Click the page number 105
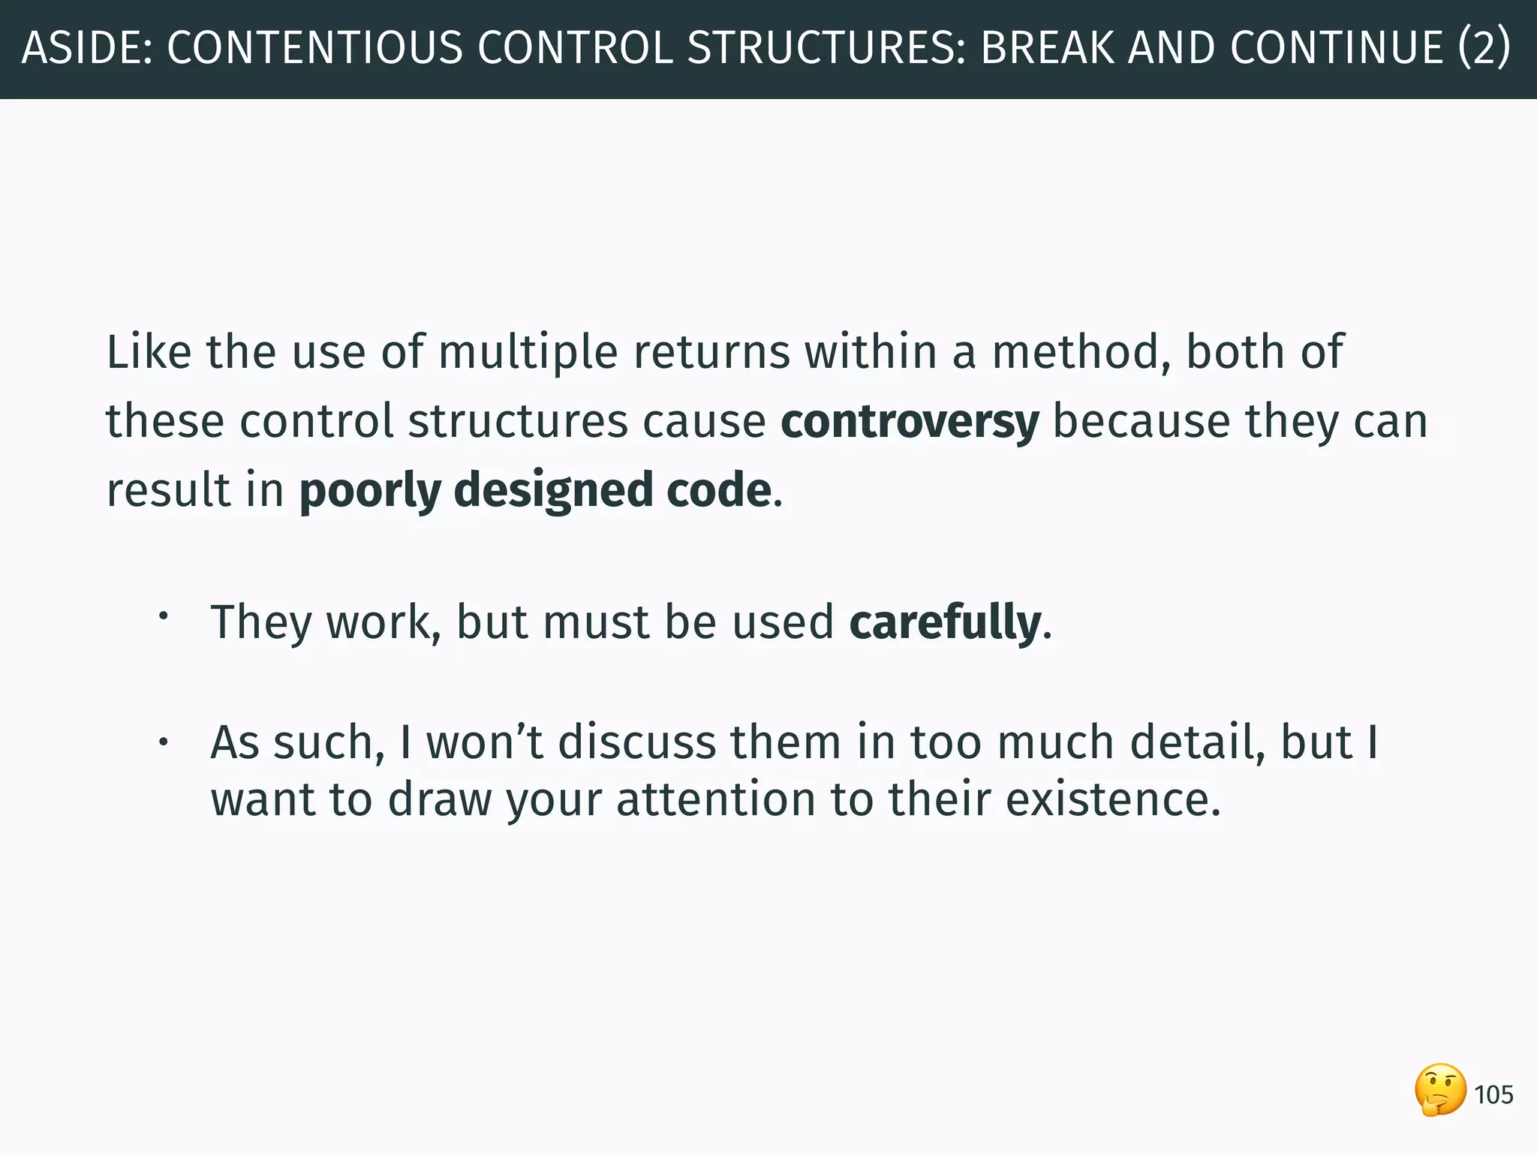click(1493, 1095)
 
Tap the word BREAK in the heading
click(1047, 48)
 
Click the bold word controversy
click(910, 421)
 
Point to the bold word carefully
click(945, 622)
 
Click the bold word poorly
click(370, 491)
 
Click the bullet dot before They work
click(162, 617)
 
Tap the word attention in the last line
click(715, 799)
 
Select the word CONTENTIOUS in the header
click(314, 48)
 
